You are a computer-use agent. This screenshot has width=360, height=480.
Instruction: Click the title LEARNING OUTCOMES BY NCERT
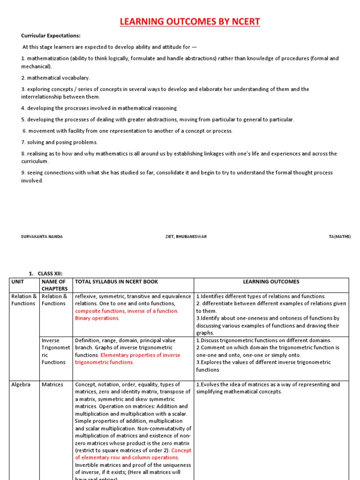pyautogui.click(x=190, y=22)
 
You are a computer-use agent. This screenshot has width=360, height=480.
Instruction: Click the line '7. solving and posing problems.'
pyautogui.click(x=59, y=142)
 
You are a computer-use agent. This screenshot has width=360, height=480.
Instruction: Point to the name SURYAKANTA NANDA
pyautogui.click(x=42, y=237)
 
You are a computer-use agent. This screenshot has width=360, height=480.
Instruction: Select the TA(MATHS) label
pyautogui.click(x=339, y=237)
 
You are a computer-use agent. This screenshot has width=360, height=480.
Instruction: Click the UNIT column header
pyautogui.click(x=17, y=282)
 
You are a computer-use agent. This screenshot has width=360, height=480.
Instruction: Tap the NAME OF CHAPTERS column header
pyautogui.click(x=54, y=285)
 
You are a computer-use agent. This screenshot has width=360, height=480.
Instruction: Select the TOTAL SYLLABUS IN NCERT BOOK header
pyautogui.click(x=117, y=282)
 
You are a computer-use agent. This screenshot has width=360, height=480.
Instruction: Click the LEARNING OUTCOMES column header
pyautogui.click(x=271, y=282)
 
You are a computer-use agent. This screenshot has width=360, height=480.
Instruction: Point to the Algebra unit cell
pyautogui.click(x=21, y=384)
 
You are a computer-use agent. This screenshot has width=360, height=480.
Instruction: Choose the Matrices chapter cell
pyautogui.click(x=52, y=384)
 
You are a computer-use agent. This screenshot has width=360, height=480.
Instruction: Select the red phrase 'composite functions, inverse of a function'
pyautogui.click(x=127, y=311)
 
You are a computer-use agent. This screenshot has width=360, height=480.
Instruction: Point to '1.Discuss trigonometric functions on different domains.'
pyautogui.click(x=263, y=340)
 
